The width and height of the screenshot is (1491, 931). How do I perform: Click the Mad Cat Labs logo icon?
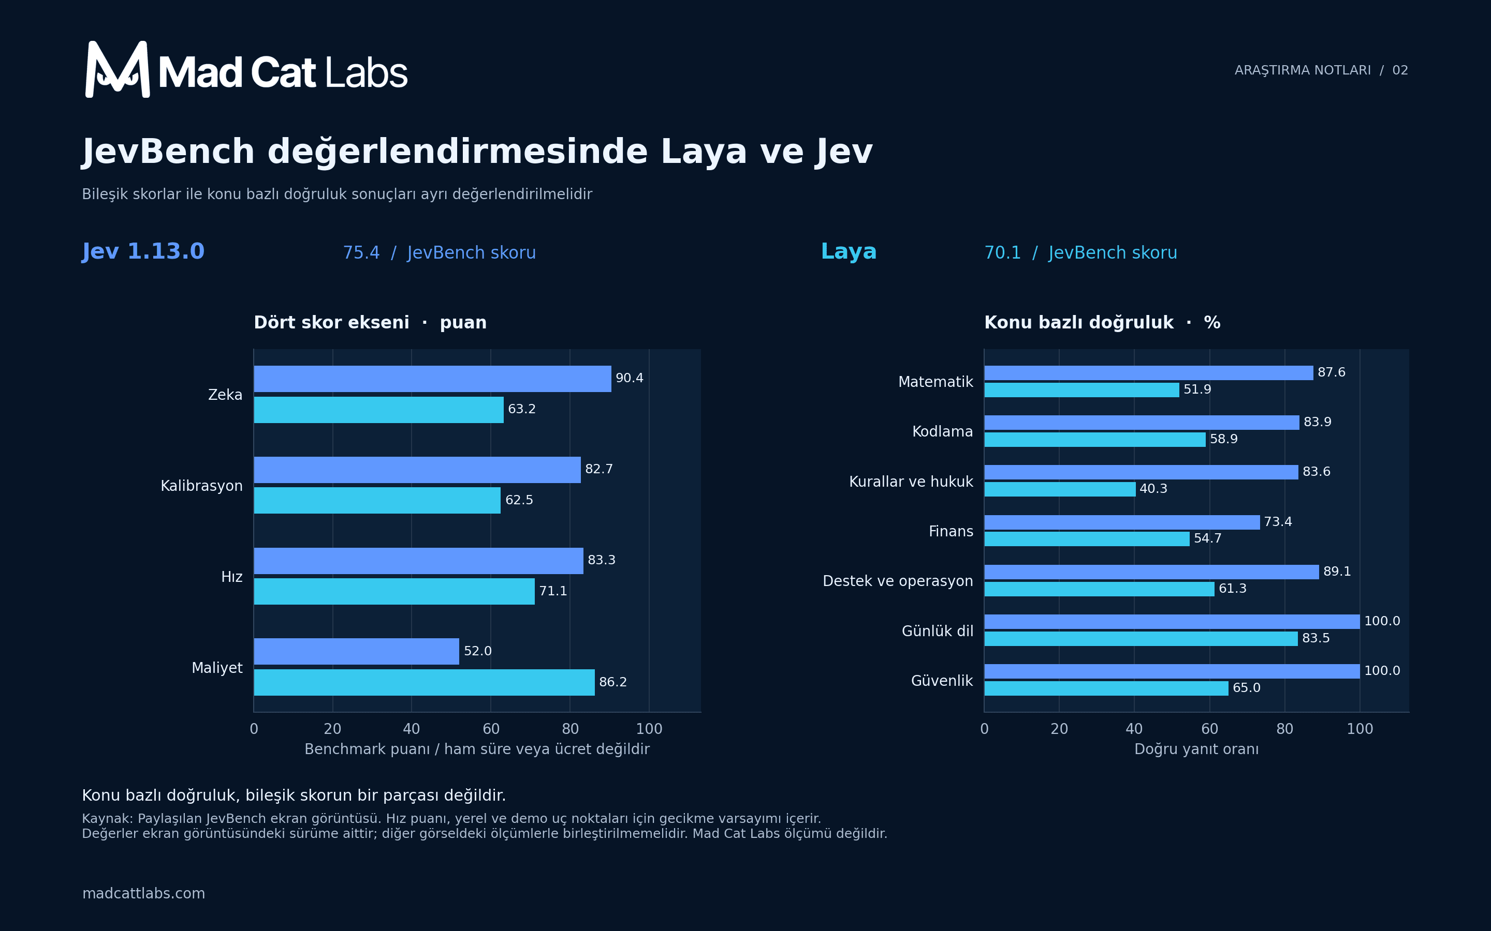[117, 69]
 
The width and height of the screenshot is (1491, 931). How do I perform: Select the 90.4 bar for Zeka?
[432, 379]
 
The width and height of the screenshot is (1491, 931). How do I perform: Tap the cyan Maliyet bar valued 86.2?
[424, 682]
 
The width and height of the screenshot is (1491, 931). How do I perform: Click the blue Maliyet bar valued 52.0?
[356, 652]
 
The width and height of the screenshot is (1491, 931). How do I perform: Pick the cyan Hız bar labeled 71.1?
[394, 591]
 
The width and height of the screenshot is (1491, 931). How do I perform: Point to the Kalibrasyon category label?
[201, 486]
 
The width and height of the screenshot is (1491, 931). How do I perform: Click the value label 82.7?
[599, 469]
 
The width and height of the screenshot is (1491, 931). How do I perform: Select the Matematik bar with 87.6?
[1148, 372]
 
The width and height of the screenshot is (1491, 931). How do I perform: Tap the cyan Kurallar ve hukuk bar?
[1060, 489]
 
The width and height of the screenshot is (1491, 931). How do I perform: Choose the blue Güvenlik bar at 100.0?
[1172, 671]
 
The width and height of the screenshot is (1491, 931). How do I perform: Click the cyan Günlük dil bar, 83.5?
[1141, 639]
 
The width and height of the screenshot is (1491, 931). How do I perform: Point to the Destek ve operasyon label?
[898, 581]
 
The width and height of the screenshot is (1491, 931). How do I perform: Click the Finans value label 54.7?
[1208, 538]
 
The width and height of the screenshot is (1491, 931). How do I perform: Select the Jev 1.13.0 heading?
[143, 251]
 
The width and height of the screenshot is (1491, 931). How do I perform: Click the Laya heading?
[849, 251]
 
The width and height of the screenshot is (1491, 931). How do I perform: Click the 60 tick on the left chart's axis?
[491, 729]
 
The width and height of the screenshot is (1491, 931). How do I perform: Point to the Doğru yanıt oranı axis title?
[1196, 749]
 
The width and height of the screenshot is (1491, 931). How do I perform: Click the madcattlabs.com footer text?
[143, 893]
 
